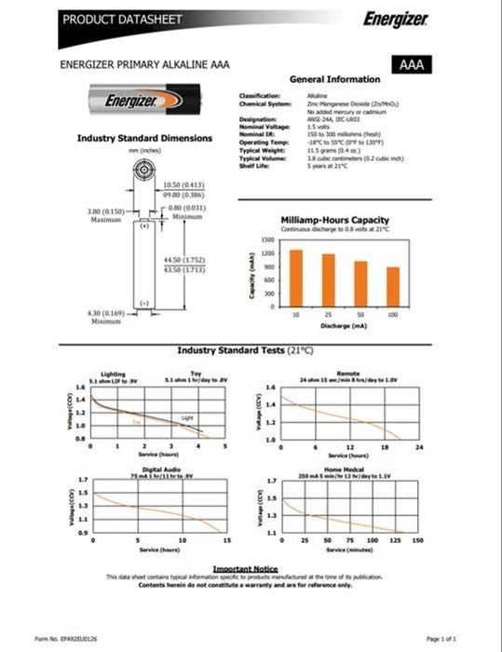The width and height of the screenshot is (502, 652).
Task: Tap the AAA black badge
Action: point(414,65)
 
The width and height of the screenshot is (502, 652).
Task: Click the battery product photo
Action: point(145,100)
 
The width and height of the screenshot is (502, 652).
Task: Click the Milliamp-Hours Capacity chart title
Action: point(335,220)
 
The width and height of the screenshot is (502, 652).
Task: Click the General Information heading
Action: point(335,79)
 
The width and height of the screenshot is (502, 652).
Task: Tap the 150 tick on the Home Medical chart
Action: point(417,540)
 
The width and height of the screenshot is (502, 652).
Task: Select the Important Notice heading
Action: point(245,567)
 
